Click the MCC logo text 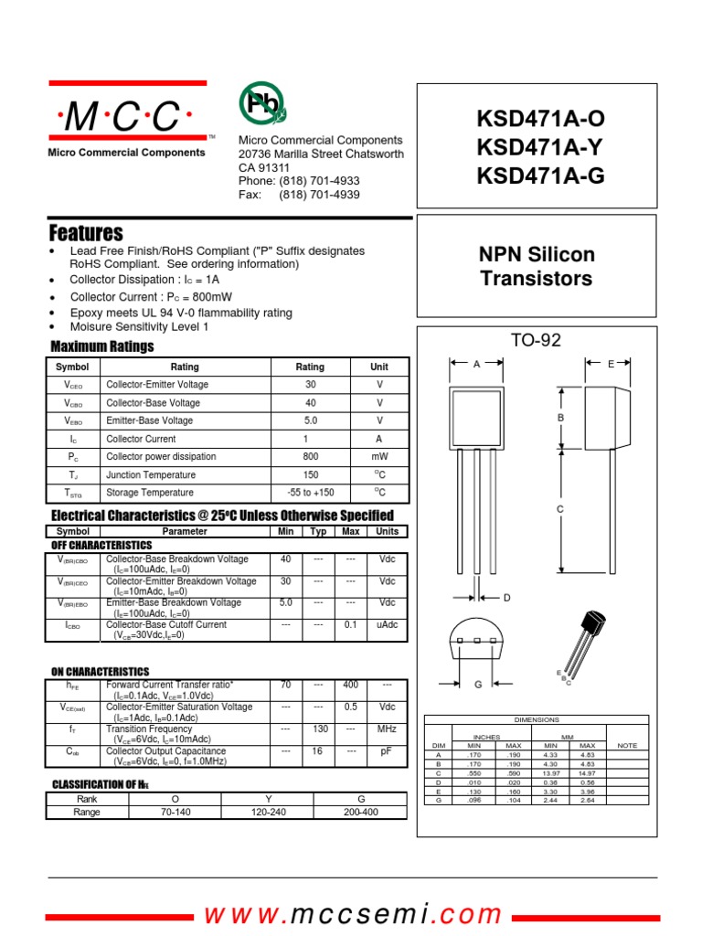127,117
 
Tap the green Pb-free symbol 262,105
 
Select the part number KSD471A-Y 540,147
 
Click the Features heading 86,232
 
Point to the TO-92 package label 536,341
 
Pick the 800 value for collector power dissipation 311,456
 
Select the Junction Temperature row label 150,475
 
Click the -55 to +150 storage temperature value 311,493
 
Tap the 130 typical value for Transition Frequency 318,729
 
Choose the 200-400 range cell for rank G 361,812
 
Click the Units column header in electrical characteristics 387,531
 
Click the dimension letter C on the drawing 560,508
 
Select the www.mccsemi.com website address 353,914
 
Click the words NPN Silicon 537,255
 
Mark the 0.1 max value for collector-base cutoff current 349,624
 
